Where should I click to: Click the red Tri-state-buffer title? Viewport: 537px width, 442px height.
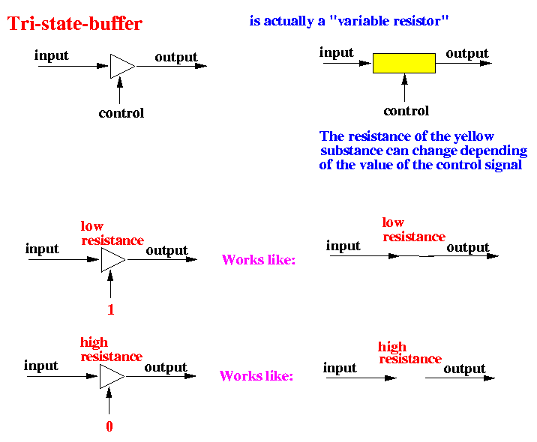(74, 24)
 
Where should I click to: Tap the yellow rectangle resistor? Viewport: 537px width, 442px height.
(403, 63)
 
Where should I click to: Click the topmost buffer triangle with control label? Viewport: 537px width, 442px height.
(121, 66)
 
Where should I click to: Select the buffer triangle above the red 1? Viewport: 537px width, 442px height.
(112, 260)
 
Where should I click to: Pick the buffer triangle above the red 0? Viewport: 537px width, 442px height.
(110, 375)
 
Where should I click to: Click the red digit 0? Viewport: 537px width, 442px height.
(109, 427)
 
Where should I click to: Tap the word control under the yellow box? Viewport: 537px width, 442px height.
(406, 112)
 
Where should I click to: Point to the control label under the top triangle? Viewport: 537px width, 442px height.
(121, 114)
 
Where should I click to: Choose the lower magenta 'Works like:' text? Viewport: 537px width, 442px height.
(255, 376)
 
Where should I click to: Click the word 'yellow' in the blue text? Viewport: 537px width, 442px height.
(474, 136)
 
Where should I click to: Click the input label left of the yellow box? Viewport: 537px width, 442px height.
(336, 52)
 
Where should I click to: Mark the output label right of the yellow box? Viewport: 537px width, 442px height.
(466, 53)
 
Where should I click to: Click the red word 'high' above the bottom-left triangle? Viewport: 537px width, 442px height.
(94, 343)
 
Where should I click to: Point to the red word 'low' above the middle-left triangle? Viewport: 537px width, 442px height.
(92, 226)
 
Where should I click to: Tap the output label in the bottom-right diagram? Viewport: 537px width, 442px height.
(464, 369)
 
